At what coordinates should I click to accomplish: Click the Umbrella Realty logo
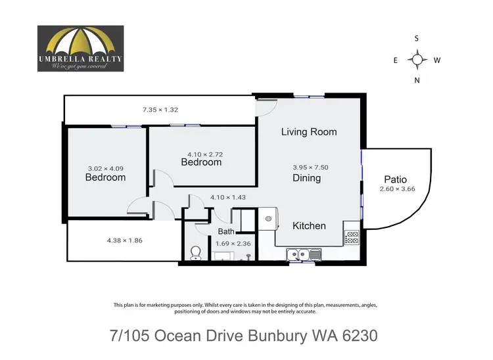pos(80,48)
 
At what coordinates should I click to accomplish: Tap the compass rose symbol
pos(417,60)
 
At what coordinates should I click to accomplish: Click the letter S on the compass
pos(417,38)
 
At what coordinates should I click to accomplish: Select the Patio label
pos(395,179)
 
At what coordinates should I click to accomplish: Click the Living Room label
pos(309,131)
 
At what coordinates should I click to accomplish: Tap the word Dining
pos(306,177)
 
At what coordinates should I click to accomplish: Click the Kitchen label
pos(309,225)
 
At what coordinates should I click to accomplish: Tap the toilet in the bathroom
pos(195,254)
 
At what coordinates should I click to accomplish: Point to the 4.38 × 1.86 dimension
pos(124,240)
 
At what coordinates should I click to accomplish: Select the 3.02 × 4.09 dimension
pos(105,168)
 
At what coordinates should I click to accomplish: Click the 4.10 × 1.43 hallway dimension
pos(227,197)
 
